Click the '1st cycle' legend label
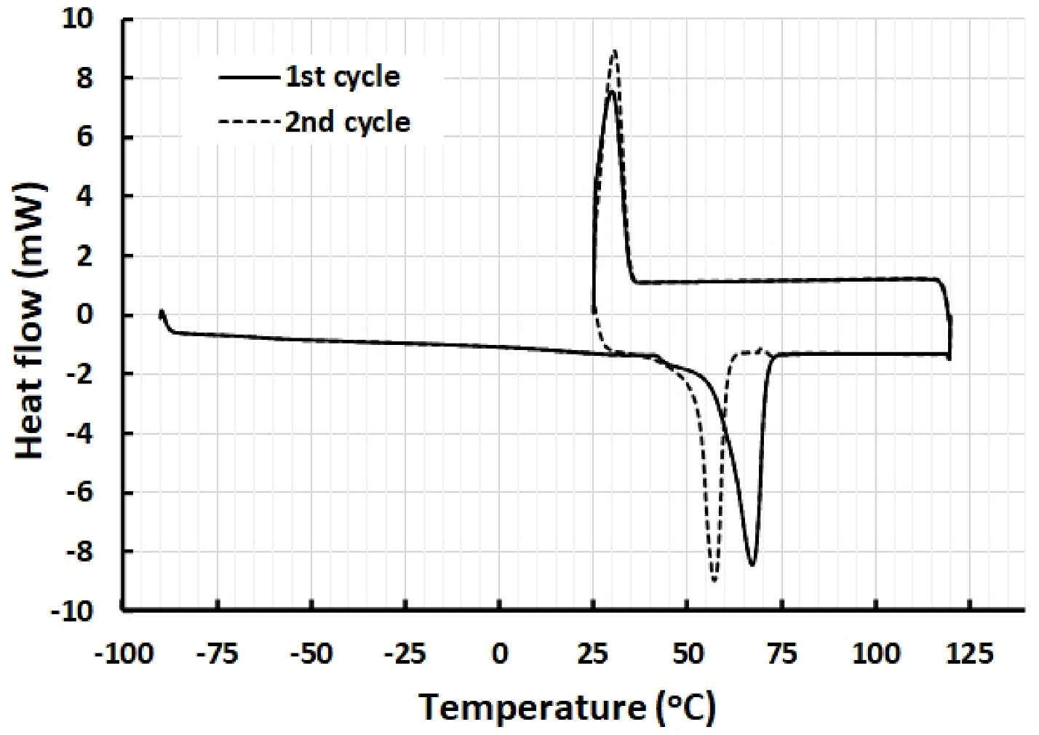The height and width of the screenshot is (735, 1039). tap(342, 76)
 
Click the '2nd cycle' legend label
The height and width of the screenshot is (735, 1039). tap(347, 122)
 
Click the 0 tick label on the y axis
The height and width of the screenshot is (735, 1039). tap(86, 314)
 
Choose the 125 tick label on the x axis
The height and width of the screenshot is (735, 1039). tap(970, 653)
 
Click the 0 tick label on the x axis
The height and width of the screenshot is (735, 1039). tap(499, 653)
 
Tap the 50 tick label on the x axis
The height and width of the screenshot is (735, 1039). tap(688, 653)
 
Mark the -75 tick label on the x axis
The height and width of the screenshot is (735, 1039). tap(218, 653)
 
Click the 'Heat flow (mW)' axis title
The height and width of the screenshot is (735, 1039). tap(31, 320)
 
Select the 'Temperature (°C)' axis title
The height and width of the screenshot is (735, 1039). tap(567, 707)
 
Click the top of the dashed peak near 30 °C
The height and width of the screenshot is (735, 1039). tap(615, 51)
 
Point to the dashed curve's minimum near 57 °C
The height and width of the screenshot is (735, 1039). tap(714, 580)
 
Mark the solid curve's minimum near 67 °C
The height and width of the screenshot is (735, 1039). tap(752, 565)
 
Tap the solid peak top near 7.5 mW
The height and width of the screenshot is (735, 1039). tap(610, 92)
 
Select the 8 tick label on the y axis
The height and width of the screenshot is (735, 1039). tap(86, 78)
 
